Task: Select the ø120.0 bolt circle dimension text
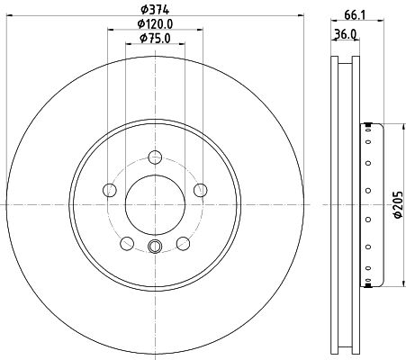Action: [x=155, y=23]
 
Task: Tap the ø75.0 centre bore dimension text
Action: [x=155, y=39]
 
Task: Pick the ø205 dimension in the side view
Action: [x=397, y=206]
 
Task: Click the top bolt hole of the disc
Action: [x=155, y=157]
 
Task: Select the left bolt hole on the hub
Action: [x=111, y=190]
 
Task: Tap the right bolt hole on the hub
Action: [x=199, y=190]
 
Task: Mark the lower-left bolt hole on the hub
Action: [x=127, y=242]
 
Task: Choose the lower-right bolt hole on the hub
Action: [x=183, y=242]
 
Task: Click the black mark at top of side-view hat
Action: [x=367, y=124]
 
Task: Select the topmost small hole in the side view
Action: [x=368, y=137]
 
